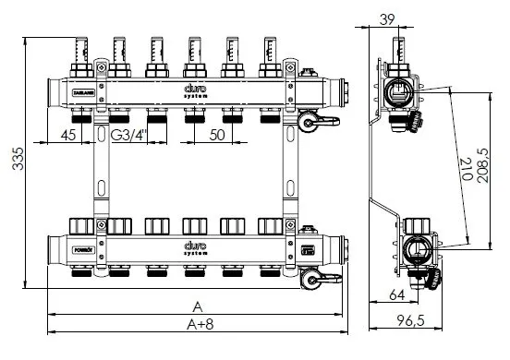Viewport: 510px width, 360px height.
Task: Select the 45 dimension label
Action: coord(67,135)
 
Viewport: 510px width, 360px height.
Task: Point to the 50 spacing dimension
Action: coord(218,135)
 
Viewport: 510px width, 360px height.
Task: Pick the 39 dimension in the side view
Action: coord(387,19)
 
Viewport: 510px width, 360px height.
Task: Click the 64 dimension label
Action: coord(397,296)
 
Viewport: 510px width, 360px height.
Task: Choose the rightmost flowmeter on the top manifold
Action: coord(270,55)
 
